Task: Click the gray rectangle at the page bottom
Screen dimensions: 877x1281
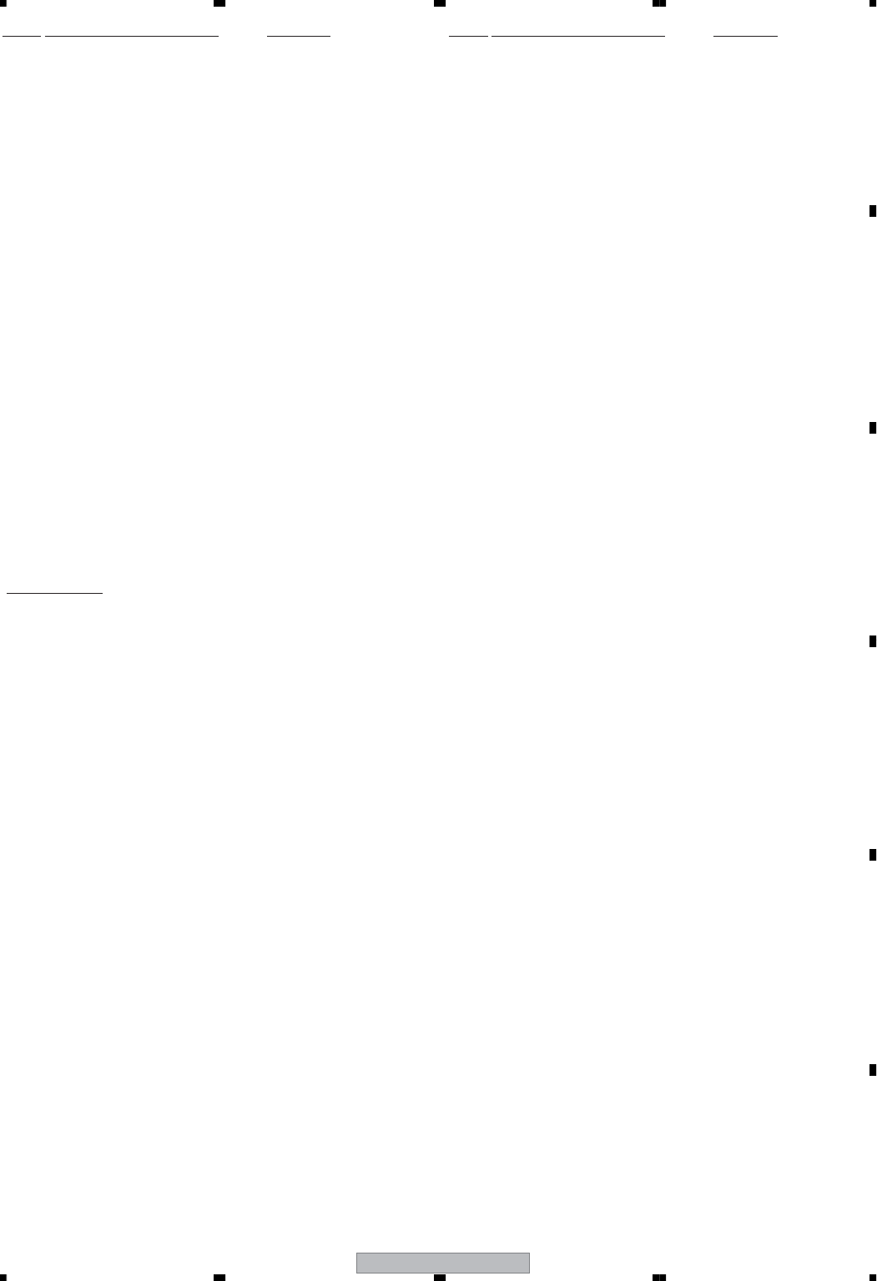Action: (443, 1263)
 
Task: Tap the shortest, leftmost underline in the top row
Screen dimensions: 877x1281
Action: (22, 37)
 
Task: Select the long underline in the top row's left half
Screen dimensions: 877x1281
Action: (131, 37)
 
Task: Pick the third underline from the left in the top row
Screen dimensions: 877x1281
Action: (299, 37)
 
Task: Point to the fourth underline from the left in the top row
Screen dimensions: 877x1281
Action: (468, 37)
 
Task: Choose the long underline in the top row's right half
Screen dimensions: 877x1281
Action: (578, 37)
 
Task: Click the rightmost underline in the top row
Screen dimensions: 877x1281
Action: (746, 37)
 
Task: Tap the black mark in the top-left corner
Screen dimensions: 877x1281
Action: (3, 3)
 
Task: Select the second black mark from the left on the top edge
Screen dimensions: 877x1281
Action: (219, 3)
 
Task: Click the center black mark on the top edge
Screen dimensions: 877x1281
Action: (440, 3)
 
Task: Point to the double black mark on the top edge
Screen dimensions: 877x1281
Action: (659, 3)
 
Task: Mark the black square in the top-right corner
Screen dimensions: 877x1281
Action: (872, 3)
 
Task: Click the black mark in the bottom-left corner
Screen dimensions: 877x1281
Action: (3, 1277)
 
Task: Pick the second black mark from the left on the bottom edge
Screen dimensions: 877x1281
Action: (219, 1277)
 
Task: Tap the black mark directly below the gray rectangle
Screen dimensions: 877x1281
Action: (440, 1277)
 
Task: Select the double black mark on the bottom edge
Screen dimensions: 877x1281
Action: (659, 1277)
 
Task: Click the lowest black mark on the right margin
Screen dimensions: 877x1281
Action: (872, 1069)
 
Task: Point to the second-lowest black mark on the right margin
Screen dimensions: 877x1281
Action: (872, 855)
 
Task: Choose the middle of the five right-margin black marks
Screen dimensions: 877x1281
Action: (872, 641)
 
